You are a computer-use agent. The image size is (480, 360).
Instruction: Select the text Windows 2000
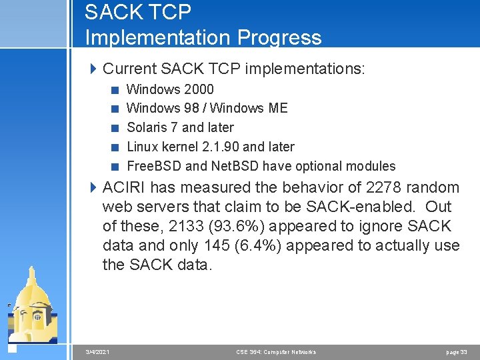170,89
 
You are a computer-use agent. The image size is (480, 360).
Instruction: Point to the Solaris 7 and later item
180,127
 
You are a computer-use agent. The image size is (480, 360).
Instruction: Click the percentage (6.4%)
258,245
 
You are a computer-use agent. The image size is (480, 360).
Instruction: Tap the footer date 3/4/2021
98,351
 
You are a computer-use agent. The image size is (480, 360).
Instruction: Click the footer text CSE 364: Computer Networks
276,351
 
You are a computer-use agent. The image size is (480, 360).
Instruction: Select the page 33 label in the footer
457,351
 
